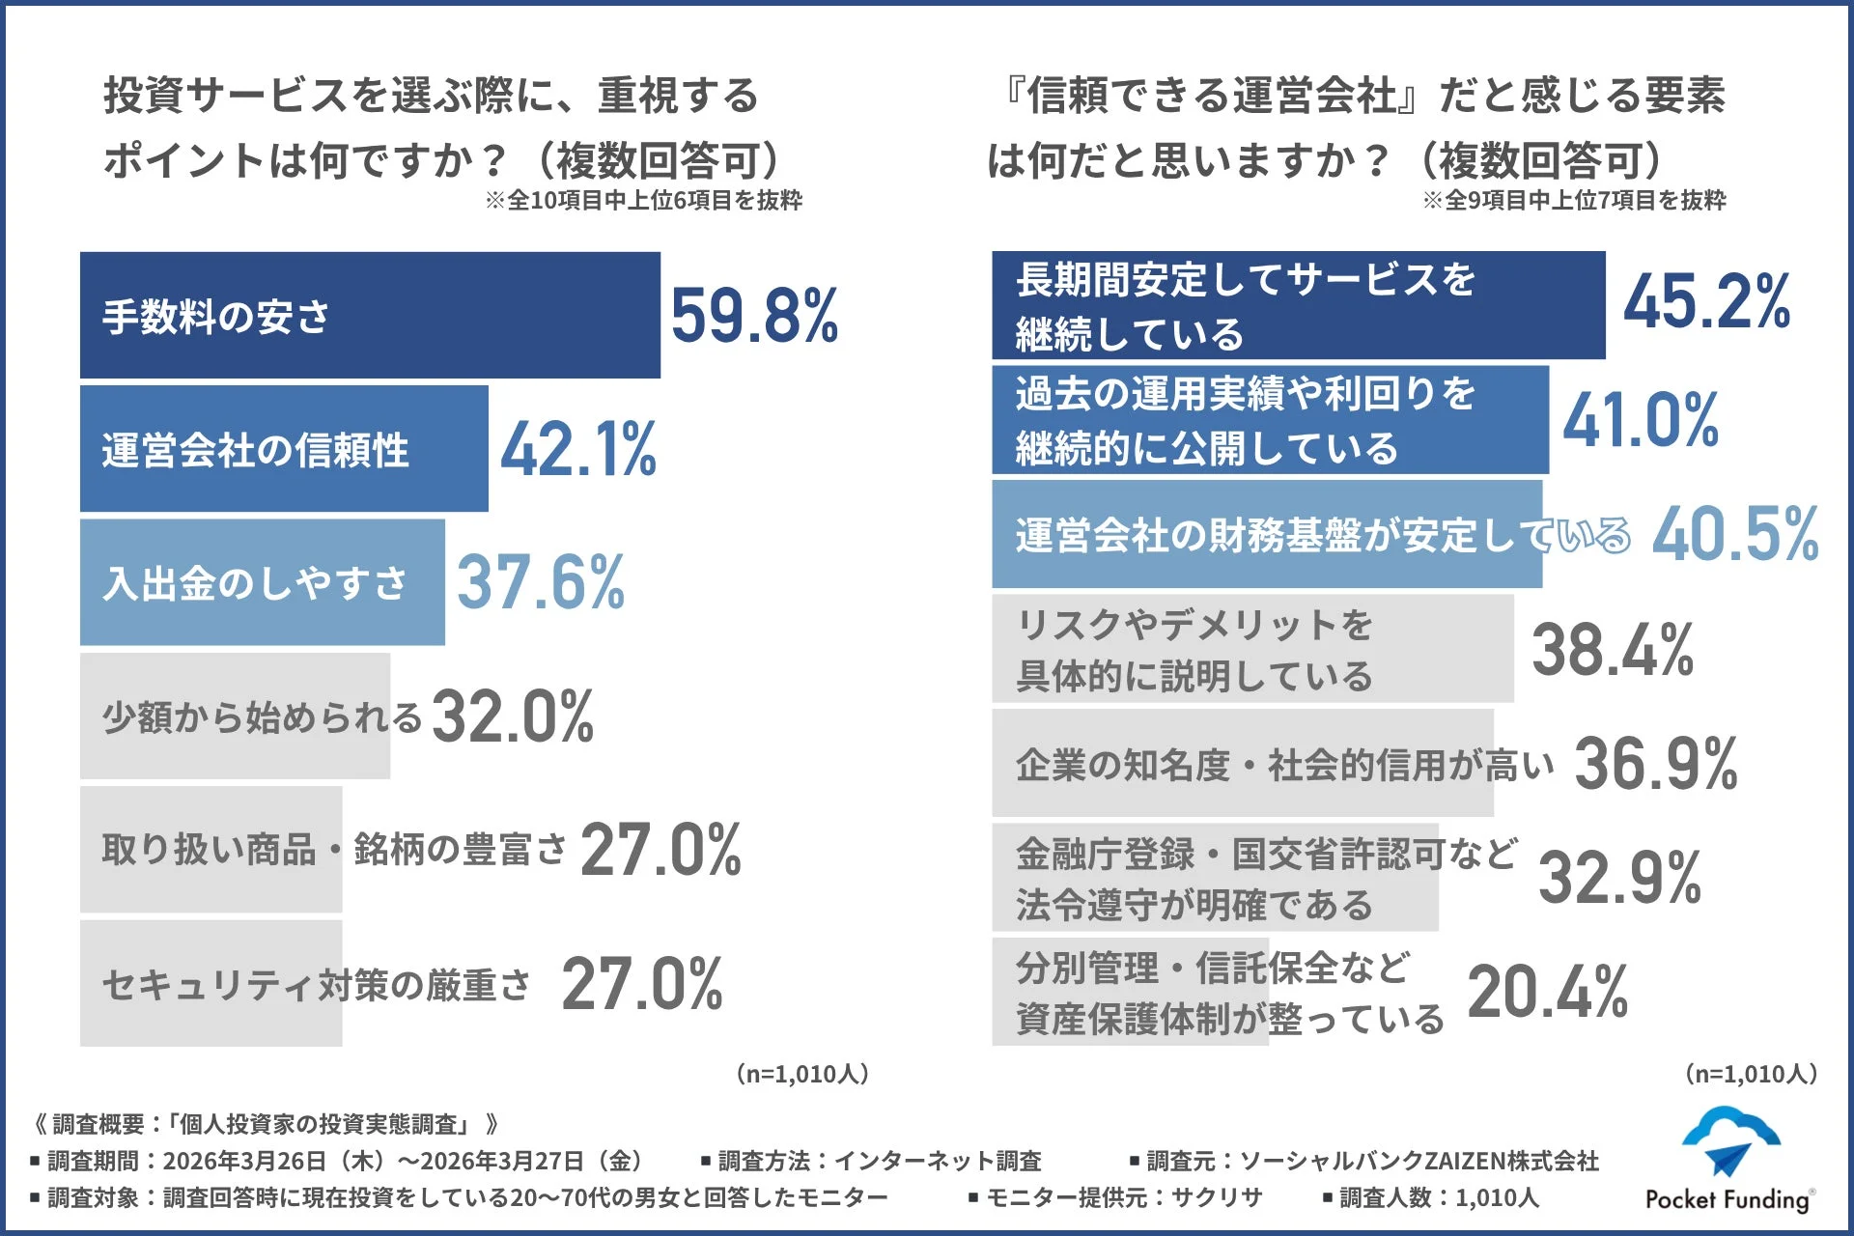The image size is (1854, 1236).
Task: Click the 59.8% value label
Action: point(754,316)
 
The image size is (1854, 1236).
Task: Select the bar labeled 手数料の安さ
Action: point(370,315)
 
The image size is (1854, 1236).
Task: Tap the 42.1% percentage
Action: point(578,449)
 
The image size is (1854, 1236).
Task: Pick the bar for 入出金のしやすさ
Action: point(262,582)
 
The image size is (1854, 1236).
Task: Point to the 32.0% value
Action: point(513,716)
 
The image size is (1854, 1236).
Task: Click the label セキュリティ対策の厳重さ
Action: point(317,984)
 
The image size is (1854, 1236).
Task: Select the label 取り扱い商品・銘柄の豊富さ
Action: point(334,850)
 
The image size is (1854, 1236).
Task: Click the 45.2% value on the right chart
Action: point(1706,302)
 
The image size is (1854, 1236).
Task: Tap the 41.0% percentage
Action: point(1641,420)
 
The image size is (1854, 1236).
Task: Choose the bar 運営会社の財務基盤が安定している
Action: point(1266,534)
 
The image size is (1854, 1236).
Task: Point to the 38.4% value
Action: point(1612,649)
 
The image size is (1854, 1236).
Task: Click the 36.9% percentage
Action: point(1655,764)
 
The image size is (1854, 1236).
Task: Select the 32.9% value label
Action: point(1619,878)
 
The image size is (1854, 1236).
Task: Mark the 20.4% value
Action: point(1547,992)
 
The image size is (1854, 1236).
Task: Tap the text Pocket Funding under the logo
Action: point(1727,1199)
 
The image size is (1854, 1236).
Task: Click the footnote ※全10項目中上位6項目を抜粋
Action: point(643,201)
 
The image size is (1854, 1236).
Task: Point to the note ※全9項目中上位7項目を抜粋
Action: point(1573,201)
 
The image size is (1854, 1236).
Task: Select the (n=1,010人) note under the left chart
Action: point(801,1074)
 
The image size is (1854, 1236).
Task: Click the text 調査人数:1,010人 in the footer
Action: point(1438,1198)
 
